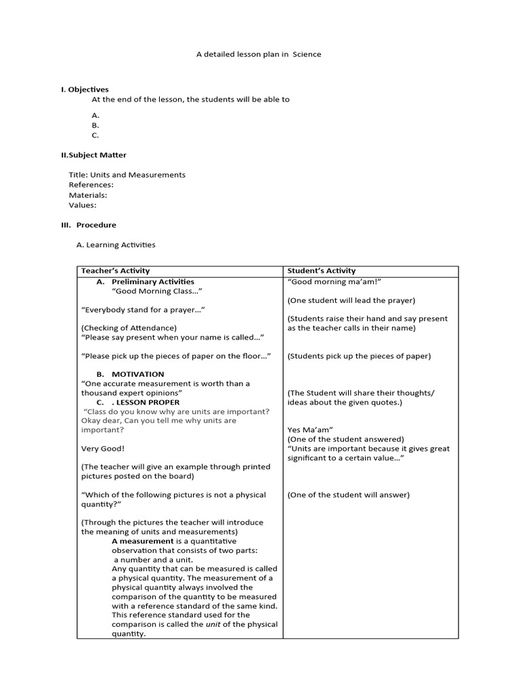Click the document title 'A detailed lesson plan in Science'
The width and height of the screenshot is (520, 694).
coord(259,54)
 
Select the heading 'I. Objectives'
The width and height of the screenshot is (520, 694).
coord(85,89)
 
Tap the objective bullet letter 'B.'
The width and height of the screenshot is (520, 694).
coord(95,125)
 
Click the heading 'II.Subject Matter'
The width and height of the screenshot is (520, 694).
coord(93,155)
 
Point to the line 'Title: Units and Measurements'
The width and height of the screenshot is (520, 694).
coord(127,175)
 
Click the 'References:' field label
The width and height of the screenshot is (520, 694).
coord(91,184)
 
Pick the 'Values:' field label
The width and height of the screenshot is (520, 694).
coord(83,205)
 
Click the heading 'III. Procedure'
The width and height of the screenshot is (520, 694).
coord(89,225)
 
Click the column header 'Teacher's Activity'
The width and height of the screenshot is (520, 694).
coord(115,271)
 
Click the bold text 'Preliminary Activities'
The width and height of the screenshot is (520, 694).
coord(153,282)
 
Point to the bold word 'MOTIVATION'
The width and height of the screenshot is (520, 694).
coord(138,374)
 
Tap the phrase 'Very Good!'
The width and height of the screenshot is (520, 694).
coord(103,449)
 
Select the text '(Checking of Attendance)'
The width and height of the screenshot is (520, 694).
coord(129,328)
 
